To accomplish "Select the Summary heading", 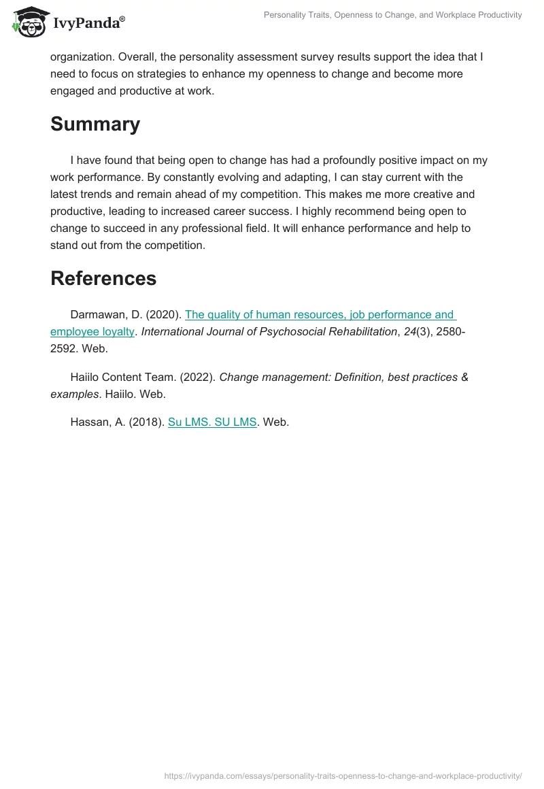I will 95,124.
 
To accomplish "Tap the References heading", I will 103,278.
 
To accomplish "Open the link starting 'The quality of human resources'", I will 319,315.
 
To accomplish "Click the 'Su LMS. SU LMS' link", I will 212,422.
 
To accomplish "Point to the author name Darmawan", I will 97,315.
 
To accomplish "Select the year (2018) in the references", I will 146,422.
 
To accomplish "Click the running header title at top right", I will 393,15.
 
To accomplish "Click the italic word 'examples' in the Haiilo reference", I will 75,394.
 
